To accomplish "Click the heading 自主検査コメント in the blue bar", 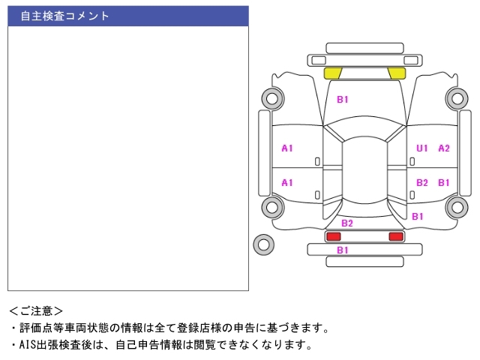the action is click(64, 16).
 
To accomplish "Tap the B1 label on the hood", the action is click(342, 100).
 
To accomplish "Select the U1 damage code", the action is click(421, 148).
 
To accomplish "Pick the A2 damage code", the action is click(444, 148).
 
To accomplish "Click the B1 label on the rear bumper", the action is click(342, 250).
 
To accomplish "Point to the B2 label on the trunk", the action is click(346, 223).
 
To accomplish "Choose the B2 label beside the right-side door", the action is click(421, 183).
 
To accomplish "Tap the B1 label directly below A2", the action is click(444, 183).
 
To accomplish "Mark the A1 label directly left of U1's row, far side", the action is click(287, 148).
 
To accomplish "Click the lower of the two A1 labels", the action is click(287, 183).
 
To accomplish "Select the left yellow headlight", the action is click(333, 73).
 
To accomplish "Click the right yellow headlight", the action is click(397, 73).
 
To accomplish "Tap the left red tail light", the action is click(333, 236).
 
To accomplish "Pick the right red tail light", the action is click(396, 236).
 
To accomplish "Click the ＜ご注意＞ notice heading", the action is click(36, 311).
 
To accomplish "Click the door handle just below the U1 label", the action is click(412, 161).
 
